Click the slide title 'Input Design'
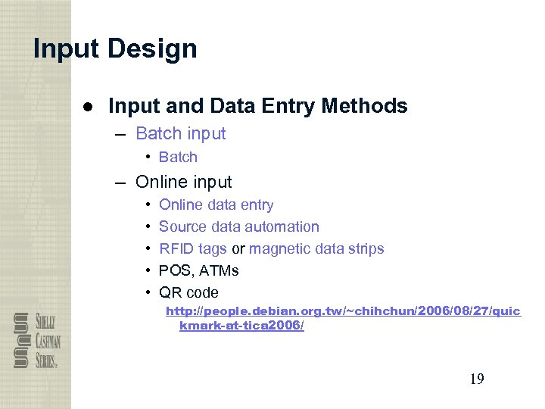tap(115, 49)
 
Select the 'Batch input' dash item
tap(180, 134)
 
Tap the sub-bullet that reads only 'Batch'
tap(178, 158)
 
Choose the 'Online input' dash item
tap(183, 182)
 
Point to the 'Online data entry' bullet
tap(216, 204)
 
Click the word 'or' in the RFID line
tap(238, 248)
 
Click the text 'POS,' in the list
tap(174, 270)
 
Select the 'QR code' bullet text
tap(188, 292)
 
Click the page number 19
tap(476, 379)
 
